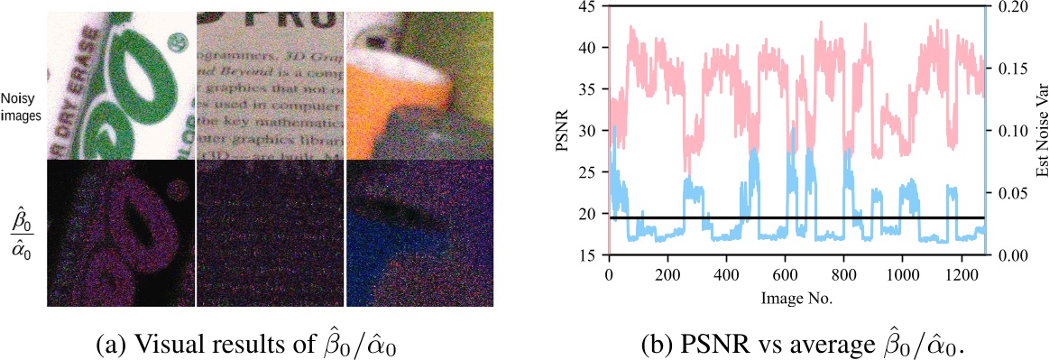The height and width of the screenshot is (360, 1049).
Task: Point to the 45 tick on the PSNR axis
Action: pyautogui.click(x=591, y=6)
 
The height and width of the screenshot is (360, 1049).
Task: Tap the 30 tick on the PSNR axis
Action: pyautogui.click(x=591, y=131)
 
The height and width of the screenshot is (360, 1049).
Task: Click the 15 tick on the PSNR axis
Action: pyautogui.click(x=591, y=255)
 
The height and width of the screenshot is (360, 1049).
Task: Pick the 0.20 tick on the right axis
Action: pyautogui.click(x=1004, y=6)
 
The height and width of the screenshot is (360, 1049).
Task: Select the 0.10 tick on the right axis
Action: pyautogui.click(x=1004, y=131)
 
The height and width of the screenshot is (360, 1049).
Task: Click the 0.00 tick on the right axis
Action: pyautogui.click(x=1004, y=255)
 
